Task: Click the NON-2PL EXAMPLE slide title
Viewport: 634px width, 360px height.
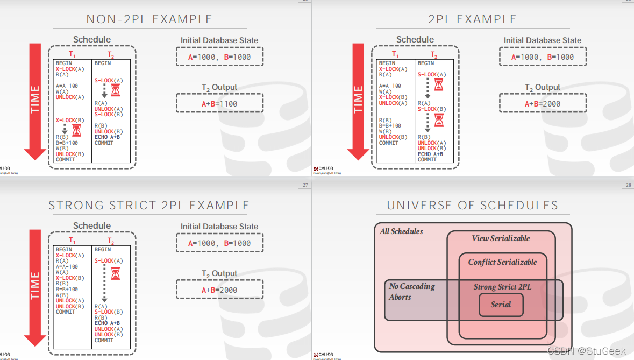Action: tap(149, 19)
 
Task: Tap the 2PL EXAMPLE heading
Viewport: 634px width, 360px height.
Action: tap(472, 19)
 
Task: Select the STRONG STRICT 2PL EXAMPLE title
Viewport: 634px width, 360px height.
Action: tap(149, 206)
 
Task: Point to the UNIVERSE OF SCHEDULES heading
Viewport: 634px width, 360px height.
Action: tap(472, 206)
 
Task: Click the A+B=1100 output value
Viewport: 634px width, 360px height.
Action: tap(219, 104)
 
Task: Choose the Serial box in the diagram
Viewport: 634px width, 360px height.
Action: tap(501, 305)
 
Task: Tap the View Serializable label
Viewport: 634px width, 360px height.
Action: tap(501, 238)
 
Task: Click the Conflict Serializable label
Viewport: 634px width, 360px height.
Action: tap(502, 262)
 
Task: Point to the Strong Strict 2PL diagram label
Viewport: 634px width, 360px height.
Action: tap(502, 287)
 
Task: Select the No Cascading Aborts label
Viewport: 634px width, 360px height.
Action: tap(411, 292)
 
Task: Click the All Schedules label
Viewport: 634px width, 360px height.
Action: tap(401, 231)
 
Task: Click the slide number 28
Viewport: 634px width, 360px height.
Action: tap(628, 186)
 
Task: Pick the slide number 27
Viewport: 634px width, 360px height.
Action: tap(305, 186)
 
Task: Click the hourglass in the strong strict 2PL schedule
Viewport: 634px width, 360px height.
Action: tap(115, 274)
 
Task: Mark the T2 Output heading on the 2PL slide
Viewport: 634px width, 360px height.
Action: tap(542, 88)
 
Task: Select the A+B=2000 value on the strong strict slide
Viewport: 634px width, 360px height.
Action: tap(219, 290)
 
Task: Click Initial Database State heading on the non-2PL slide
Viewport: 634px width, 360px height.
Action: tap(219, 40)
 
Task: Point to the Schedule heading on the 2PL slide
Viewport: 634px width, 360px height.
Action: tap(415, 40)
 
